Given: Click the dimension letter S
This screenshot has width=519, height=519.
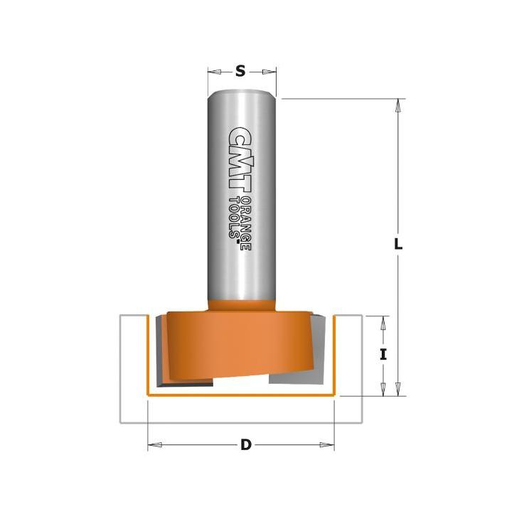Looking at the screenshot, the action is click(240, 71).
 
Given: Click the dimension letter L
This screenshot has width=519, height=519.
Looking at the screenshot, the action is click(398, 245).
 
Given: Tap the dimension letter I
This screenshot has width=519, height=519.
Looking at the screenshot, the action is click(383, 355).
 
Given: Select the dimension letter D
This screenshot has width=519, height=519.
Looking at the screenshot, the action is click(246, 445).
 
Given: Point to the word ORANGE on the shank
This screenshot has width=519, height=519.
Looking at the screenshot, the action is click(247, 224).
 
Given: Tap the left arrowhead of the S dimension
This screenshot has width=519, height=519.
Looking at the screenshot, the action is click(214, 72).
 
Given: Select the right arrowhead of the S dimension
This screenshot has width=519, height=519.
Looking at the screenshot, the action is click(269, 72).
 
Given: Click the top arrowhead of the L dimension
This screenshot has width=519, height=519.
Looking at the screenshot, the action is click(398, 106).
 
